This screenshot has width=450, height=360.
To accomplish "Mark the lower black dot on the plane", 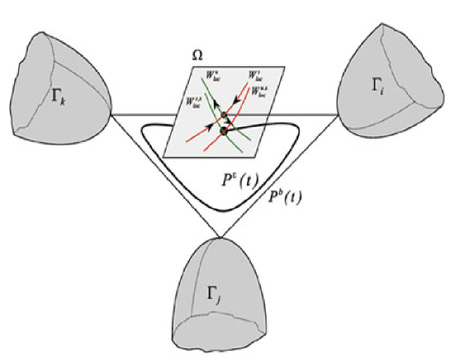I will [x=224, y=129].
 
